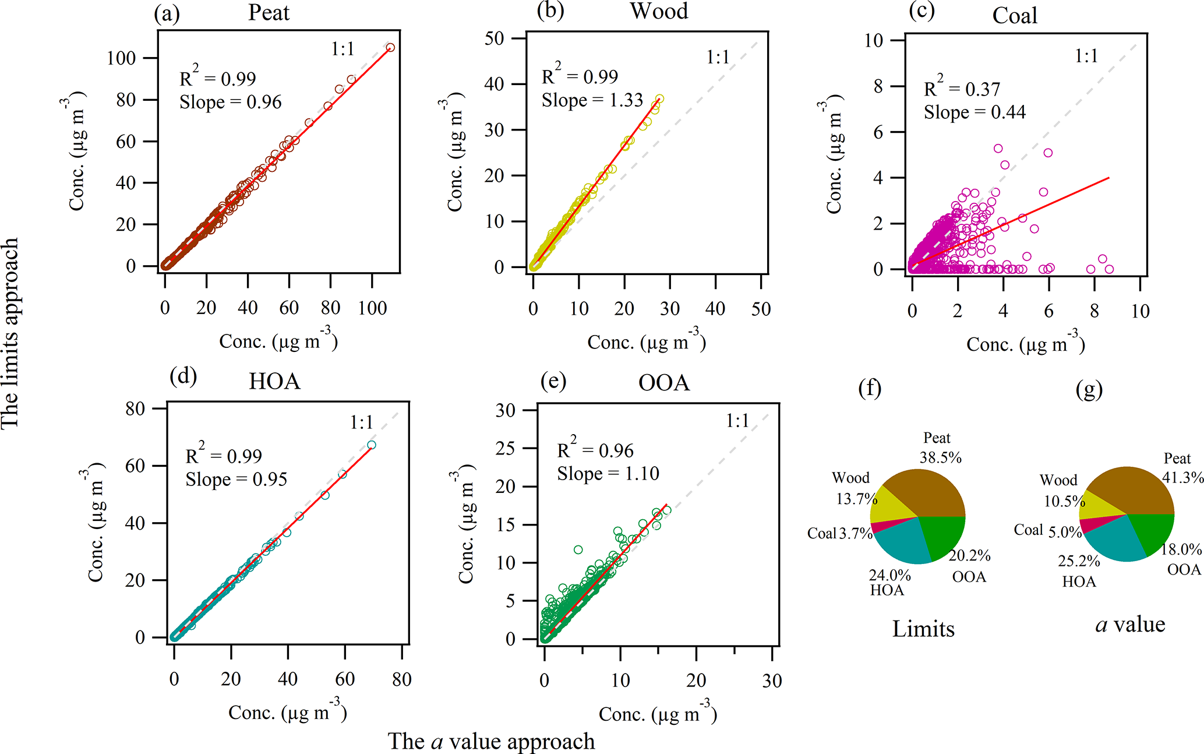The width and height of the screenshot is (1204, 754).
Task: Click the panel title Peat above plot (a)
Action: pyautogui.click(x=269, y=13)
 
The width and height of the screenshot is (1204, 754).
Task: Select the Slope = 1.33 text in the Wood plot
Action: pyautogui.click(x=592, y=100)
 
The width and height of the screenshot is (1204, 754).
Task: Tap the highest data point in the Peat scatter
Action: pyautogui.click(x=390, y=48)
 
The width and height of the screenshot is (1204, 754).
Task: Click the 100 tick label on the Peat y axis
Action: pyautogui.click(x=121, y=58)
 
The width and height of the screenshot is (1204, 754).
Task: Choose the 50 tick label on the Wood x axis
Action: pyautogui.click(x=761, y=309)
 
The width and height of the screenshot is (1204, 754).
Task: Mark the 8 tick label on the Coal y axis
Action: pyautogui.click(x=878, y=86)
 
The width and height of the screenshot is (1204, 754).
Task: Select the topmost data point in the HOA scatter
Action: pyautogui.click(x=372, y=445)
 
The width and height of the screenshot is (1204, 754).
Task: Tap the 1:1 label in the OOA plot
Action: pyautogui.click(x=737, y=421)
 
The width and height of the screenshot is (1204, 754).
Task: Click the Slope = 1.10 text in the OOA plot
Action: pyautogui.click(x=608, y=474)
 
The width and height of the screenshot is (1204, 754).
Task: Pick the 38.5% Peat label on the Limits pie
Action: pyautogui.click(x=940, y=457)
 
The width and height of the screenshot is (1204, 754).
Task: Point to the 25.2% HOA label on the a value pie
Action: pyautogui.click(x=1079, y=561)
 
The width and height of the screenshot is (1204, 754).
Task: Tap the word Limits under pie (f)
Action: pyautogui.click(x=923, y=629)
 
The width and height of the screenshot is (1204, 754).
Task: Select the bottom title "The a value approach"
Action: pyautogui.click(x=491, y=741)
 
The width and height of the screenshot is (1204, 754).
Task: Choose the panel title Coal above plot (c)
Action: pyautogui.click(x=1014, y=16)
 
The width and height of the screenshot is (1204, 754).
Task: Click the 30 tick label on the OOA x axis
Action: pyautogui.click(x=772, y=681)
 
